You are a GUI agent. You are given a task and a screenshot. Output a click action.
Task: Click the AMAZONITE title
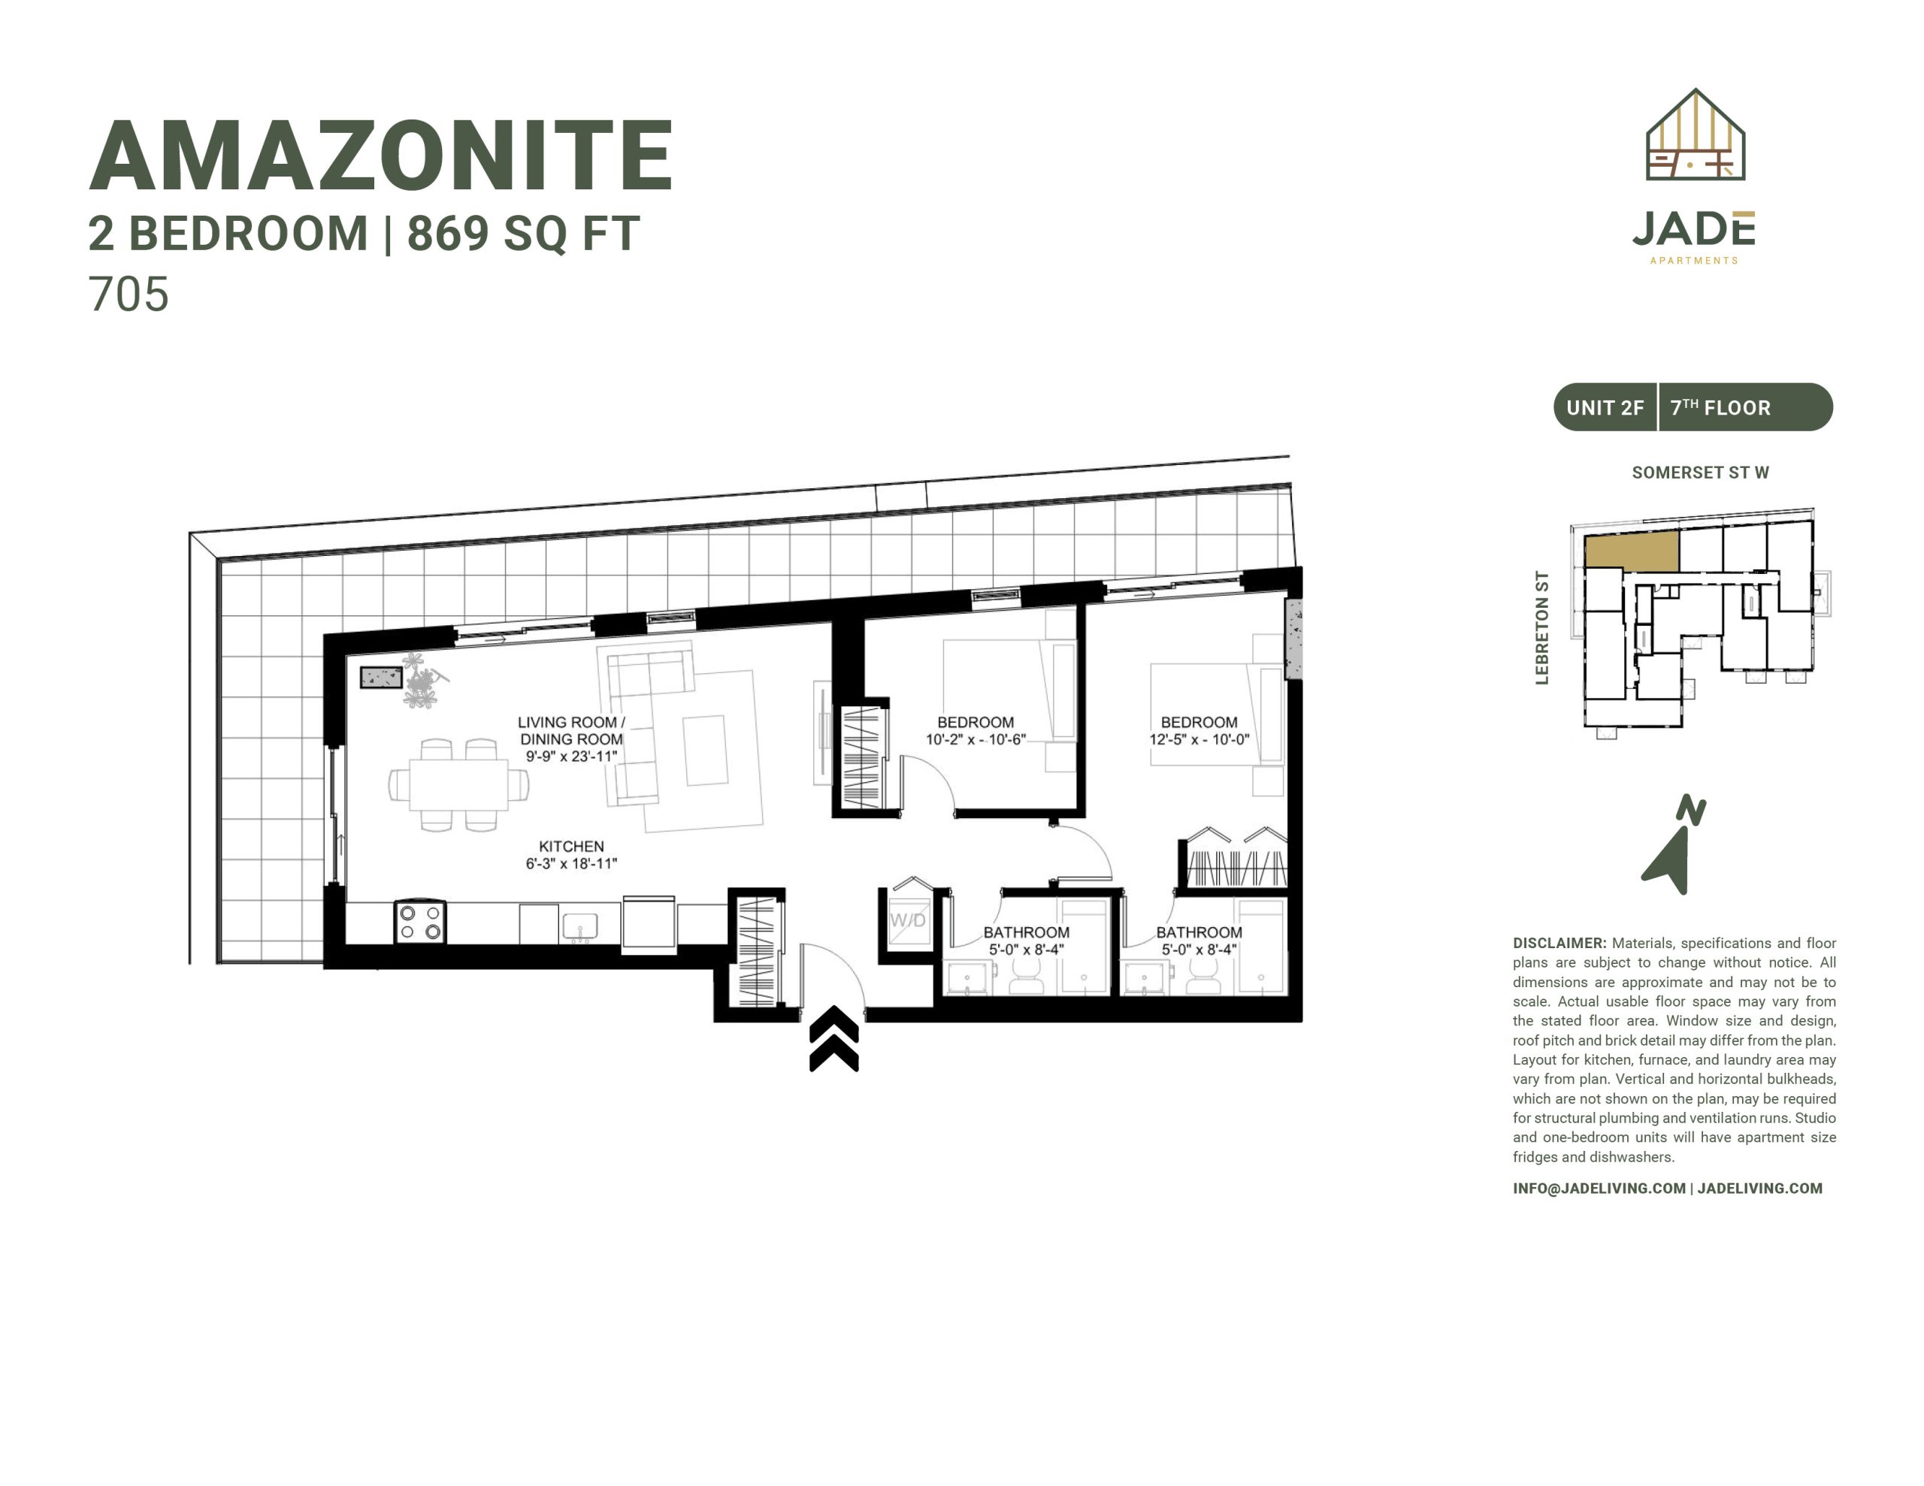pyautogui.click(x=382, y=156)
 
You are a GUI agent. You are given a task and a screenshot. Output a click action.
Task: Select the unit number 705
pyautogui.click(x=129, y=294)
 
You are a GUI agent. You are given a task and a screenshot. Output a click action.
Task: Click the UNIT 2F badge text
pyautogui.click(x=1605, y=408)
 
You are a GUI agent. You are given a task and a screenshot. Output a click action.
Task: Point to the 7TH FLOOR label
pyautogui.click(x=1720, y=408)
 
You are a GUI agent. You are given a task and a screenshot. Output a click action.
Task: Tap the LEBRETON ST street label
pyautogui.click(x=1541, y=627)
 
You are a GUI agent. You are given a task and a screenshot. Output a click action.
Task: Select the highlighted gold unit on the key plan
pyautogui.click(x=1632, y=551)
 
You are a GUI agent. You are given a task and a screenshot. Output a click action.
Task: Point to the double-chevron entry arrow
pyautogui.click(x=833, y=1040)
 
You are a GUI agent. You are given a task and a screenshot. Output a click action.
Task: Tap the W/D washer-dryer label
pyautogui.click(x=907, y=920)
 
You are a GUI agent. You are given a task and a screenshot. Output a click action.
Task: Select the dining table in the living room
pyautogui.click(x=458, y=785)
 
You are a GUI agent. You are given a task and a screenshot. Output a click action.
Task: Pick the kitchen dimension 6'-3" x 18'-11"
pyautogui.click(x=571, y=863)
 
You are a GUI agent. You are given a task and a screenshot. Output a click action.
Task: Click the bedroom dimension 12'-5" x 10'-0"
pyautogui.click(x=1199, y=740)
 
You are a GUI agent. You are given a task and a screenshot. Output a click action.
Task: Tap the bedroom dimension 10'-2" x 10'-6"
pyautogui.click(x=976, y=740)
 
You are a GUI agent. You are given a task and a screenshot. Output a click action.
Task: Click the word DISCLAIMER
pyautogui.click(x=1559, y=944)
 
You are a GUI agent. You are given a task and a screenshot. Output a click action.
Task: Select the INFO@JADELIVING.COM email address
pyautogui.click(x=1599, y=1188)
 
